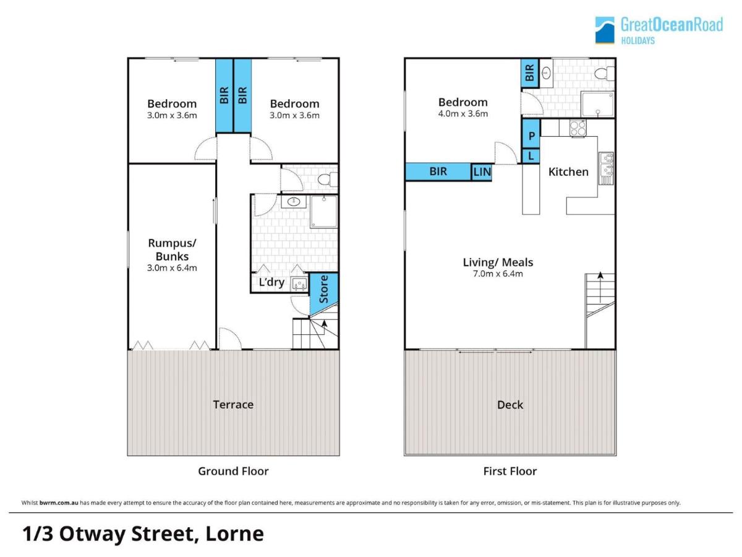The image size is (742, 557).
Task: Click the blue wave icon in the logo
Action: point(605,30)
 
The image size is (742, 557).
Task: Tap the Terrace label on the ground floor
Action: point(233,404)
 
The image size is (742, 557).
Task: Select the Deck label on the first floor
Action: point(510,404)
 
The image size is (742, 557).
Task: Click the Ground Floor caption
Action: point(233,471)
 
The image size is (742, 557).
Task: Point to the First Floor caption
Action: point(510,471)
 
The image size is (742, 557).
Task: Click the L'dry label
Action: point(271,283)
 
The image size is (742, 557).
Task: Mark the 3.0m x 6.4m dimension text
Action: point(172,268)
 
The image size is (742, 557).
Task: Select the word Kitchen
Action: point(568,171)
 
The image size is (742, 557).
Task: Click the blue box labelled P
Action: point(531,135)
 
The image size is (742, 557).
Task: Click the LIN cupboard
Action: point(482,172)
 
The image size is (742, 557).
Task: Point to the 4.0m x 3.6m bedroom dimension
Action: point(463,114)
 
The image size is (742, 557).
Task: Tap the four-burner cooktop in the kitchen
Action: point(578,127)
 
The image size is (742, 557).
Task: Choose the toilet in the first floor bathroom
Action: point(603,74)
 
